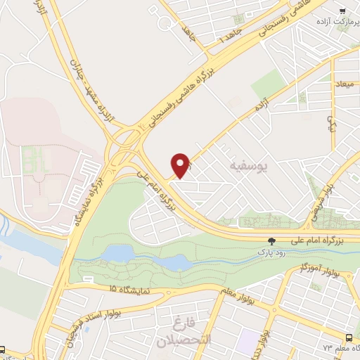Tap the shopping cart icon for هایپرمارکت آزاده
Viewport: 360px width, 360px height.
(x=342, y=11)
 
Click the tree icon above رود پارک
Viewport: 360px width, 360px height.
(x=272, y=240)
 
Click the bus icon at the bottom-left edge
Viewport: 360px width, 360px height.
(x=4, y=349)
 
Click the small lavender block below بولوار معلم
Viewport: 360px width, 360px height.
(x=247, y=342)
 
